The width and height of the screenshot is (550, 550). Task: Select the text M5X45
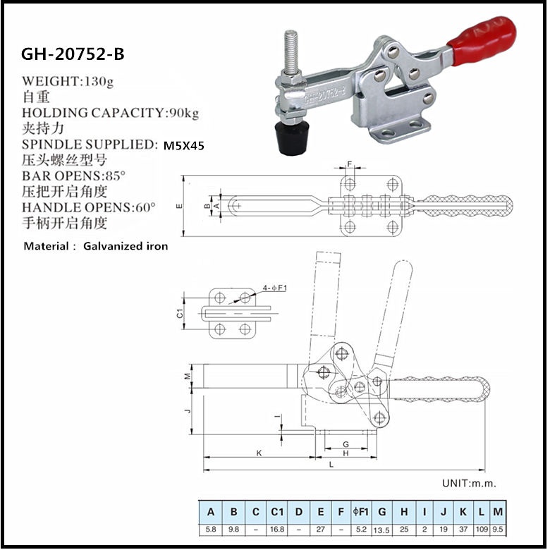click(x=184, y=146)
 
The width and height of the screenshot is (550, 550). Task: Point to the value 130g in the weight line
click(x=99, y=80)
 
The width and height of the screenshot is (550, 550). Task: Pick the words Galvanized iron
click(x=126, y=246)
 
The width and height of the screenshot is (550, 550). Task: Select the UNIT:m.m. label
click(x=469, y=483)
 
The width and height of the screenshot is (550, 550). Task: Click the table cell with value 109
click(x=481, y=528)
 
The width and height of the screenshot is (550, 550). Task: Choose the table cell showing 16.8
click(x=277, y=528)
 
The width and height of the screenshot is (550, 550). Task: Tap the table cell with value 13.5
click(x=381, y=528)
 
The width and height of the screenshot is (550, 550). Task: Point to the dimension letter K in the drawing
click(x=259, y=453)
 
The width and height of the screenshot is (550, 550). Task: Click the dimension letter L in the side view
click(x=331, y=464)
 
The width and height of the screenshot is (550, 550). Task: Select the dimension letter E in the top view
click(x=178, y=206)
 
